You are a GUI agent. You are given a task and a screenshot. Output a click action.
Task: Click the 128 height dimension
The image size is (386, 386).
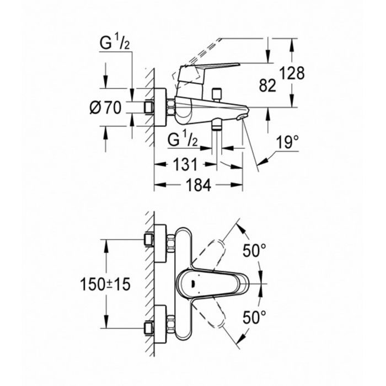click(x=292, y=73)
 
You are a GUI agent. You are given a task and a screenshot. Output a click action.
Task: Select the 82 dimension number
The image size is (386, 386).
click(x=267, y=86)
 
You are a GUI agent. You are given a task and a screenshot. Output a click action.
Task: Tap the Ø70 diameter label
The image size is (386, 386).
click(x=106, y=108)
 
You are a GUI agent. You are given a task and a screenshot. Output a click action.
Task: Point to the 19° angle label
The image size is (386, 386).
click(x=287, y=142)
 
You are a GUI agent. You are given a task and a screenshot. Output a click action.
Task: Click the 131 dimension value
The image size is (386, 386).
click(x=185, y=164)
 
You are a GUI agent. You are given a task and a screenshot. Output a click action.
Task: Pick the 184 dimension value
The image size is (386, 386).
click(x=199, y=185)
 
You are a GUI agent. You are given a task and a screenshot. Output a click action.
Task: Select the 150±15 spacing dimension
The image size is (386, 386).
click(x=105, y=285)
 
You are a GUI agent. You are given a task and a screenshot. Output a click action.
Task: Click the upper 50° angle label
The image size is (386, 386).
click(x=255, y=251)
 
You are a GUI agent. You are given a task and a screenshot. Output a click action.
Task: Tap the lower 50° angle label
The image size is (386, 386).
click(x=255, y=317)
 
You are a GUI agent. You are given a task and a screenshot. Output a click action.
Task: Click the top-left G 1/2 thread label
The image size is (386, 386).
click(x=115, y=43)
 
